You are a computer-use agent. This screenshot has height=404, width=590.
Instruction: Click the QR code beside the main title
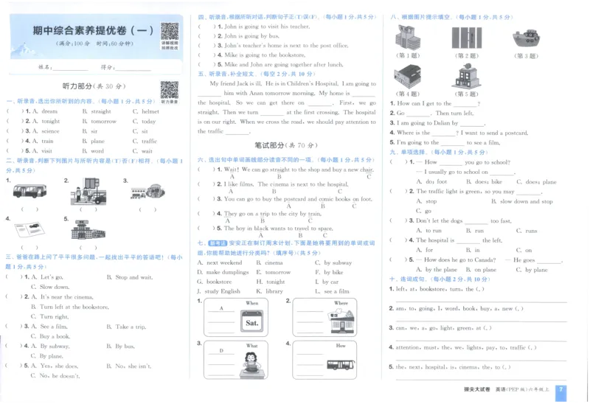[170, 32]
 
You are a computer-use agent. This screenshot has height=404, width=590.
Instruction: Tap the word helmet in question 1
[150, 111]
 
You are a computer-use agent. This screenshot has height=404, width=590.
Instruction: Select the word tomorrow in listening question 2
[104, 121]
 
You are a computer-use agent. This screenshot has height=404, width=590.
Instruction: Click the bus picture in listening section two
[29, 191]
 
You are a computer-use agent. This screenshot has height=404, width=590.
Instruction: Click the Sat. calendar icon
[251, 322]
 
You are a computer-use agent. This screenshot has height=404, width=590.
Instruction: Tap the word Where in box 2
[341, 303]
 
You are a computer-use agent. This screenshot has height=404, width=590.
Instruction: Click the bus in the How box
[340, 364]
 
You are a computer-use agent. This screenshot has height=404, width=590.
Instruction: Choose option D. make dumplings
[223, 272]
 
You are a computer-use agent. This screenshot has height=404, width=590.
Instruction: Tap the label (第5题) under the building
[466, 94]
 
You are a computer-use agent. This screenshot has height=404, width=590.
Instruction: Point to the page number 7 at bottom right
[561, 390]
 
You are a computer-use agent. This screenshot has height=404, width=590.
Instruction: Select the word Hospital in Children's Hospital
[321, 84]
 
